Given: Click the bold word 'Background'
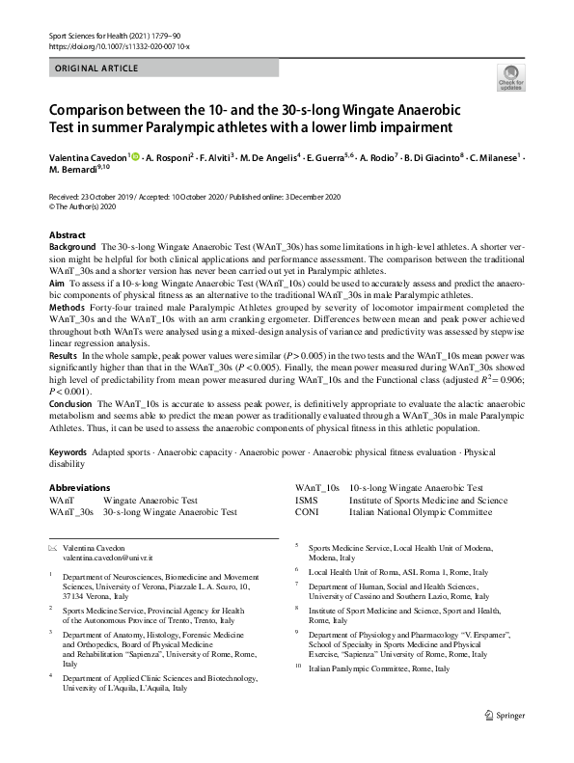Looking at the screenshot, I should click(x=72, y=248).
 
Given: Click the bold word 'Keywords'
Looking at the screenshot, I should click(x=70, y=451).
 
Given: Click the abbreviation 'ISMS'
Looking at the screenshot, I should click(x=307, y=502).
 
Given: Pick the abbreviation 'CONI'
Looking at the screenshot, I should click(x=308, y=513).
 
